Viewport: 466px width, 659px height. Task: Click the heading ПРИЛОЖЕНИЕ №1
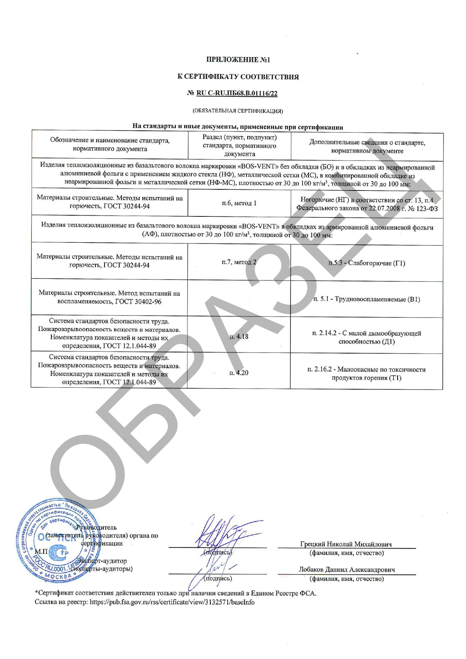click(x=238, y=60)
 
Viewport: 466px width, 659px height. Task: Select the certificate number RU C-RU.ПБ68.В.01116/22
click(x=237, y=94)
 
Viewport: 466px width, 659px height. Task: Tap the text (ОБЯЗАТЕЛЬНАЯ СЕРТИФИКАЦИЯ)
click(x=238, y=111)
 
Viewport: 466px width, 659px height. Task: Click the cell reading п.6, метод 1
click(x=239, y=203)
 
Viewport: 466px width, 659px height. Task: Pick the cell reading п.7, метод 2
click(x=239, y=262)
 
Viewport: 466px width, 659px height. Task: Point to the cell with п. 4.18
click(x=239, y=336)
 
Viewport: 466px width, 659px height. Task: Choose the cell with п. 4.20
click(x=239, y=373)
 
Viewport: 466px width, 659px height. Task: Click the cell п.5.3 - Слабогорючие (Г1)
click(x=367, y=263)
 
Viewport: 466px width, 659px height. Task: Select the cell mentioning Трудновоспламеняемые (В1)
click(x=367, y=299)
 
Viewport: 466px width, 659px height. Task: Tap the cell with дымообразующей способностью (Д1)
click(x=367, y=337)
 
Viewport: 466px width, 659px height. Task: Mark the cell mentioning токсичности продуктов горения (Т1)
click(x=367, y=373)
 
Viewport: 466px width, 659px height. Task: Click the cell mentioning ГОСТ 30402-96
click(x=109, y=297)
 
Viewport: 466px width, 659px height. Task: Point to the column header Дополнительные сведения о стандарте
click(x=367, y=147)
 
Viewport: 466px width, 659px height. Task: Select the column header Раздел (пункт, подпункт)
click(x=239, y=145)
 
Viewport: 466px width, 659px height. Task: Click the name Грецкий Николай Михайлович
click(x=346, y=544)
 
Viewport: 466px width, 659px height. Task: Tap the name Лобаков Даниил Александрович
click(x=347, y=570)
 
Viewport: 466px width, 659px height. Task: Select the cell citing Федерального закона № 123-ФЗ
click(x=367, y=204)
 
